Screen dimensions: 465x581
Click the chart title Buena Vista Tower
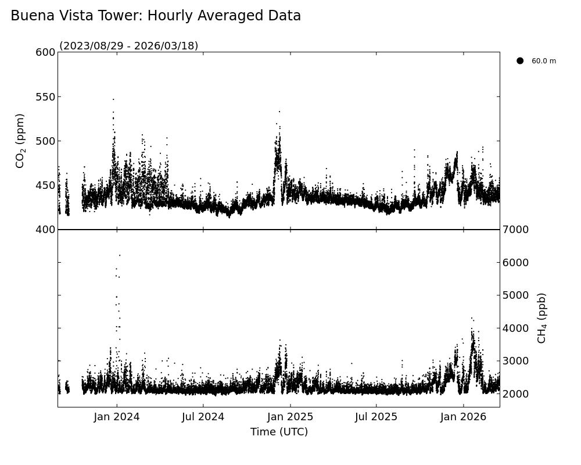[156, 16]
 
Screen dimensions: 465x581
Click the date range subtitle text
[129, 46]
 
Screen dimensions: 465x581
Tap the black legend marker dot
[520, 60]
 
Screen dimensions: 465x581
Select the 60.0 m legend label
[544, 61]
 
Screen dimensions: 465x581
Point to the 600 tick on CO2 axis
[45, 52]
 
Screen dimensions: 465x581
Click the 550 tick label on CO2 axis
[45, 96]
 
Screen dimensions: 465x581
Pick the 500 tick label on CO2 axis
[45, 141]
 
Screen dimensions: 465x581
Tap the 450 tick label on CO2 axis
[45, 185]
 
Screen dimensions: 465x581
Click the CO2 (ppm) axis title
[20, 141]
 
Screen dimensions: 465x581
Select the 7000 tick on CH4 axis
[515, 230]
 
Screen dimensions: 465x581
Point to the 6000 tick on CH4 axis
[515, 263]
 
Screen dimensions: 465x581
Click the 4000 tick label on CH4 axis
[515, 328]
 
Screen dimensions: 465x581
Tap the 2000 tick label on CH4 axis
[515, 394]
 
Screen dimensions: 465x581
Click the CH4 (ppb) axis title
[542, 318]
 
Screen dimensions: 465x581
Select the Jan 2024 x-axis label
[117, 417]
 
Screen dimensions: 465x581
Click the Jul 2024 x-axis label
[203, 417]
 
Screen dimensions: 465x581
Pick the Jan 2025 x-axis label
[290, 417]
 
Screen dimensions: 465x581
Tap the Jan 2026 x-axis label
[464, 417]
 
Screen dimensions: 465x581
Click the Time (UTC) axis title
[279, 432]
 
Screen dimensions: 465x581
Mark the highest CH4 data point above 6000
[120, 255]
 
